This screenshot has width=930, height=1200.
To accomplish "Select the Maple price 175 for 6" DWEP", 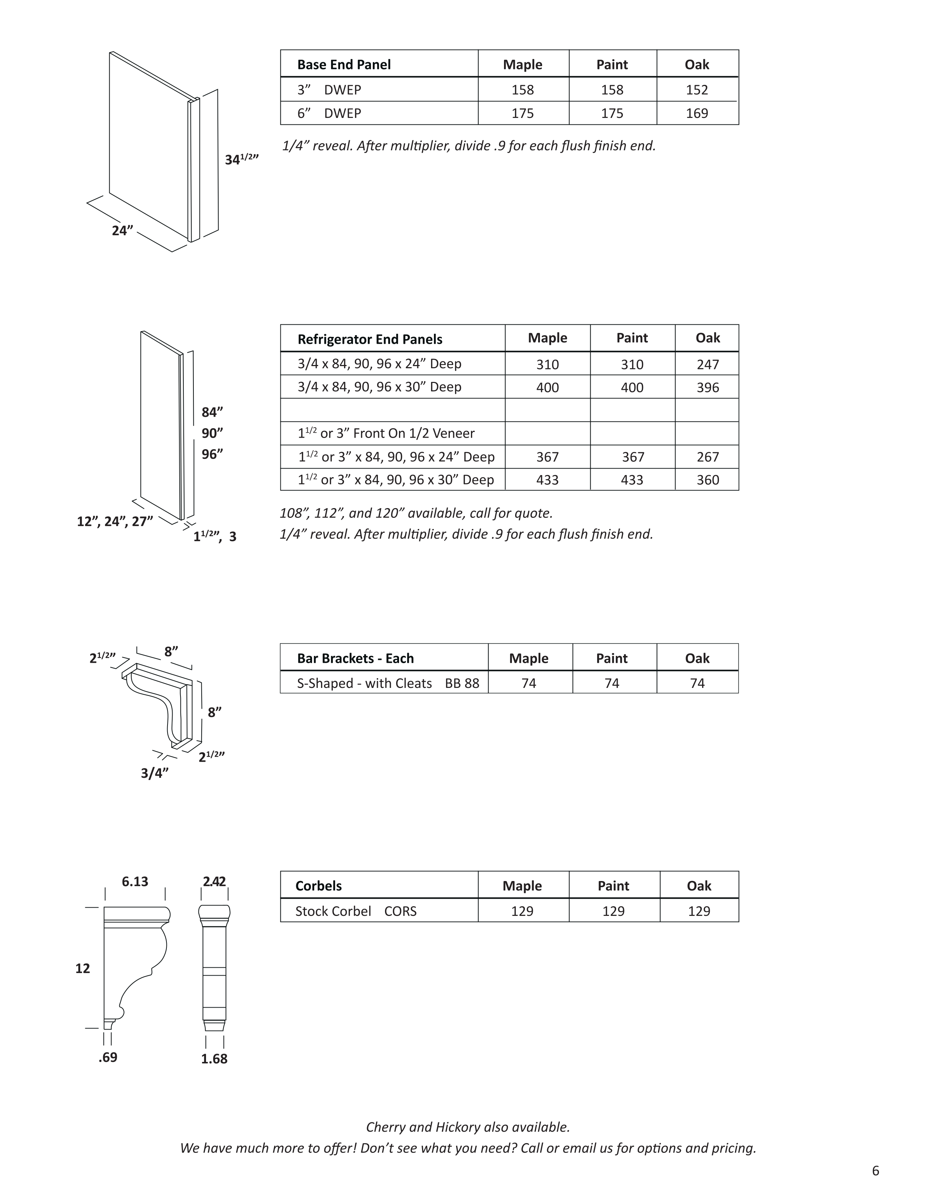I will point(522,113).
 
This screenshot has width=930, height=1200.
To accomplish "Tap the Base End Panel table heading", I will point(344,64).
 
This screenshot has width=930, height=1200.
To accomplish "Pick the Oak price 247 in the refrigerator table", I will point(707,364).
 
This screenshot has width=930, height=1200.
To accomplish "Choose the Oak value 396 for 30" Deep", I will point(707,387).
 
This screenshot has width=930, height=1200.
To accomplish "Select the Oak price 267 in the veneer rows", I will point(707,457).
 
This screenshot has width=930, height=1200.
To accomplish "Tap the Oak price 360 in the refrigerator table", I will point(707,480).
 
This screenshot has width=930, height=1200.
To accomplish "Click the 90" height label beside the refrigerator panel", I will point(212,433).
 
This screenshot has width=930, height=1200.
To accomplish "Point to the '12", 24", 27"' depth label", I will point(115,521).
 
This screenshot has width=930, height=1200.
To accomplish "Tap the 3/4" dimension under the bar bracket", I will point(154,773).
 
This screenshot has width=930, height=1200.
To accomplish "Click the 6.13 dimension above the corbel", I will point(135,882).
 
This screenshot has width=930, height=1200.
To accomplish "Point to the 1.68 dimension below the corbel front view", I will point(214,1059).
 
